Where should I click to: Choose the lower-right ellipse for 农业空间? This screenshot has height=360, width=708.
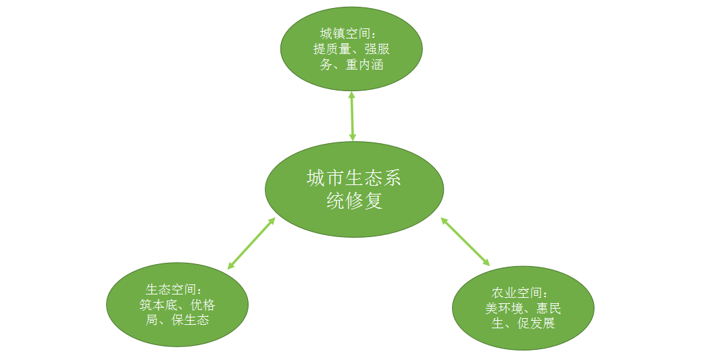523,338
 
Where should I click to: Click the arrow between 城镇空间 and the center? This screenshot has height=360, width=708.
352,116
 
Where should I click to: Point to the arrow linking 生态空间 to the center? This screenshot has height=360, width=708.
251,242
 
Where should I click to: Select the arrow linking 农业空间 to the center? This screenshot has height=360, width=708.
465,241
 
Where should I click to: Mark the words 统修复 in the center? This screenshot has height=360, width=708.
354,201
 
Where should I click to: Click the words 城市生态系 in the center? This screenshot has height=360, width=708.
354,178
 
